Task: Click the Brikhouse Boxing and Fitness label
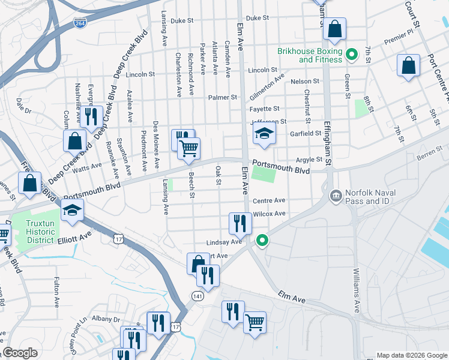pyautogui.click(x=309, y=55)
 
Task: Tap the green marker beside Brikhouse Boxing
pyautogui.click(x=354, y=55)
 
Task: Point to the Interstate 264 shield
pyautogui.click(x=79, y=23)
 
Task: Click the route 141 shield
pyautogui.click(x=196, y=296)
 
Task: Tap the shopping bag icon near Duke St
pyautogui.click(x=336, y=29)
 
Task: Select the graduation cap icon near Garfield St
pyautogui.click(x=264, y=135)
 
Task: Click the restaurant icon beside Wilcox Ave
pyautogui.click(x=240, y=223)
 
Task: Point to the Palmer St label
pyautogui.click(x=223, y=97)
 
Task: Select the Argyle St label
pyautogui.click(x=310, y=160)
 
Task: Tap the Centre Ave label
pyautogui.click(x=269, y=200)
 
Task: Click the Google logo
pyautogui.click(x=20, y=353)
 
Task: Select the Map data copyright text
pyautogui.click(x=412, y=355)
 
